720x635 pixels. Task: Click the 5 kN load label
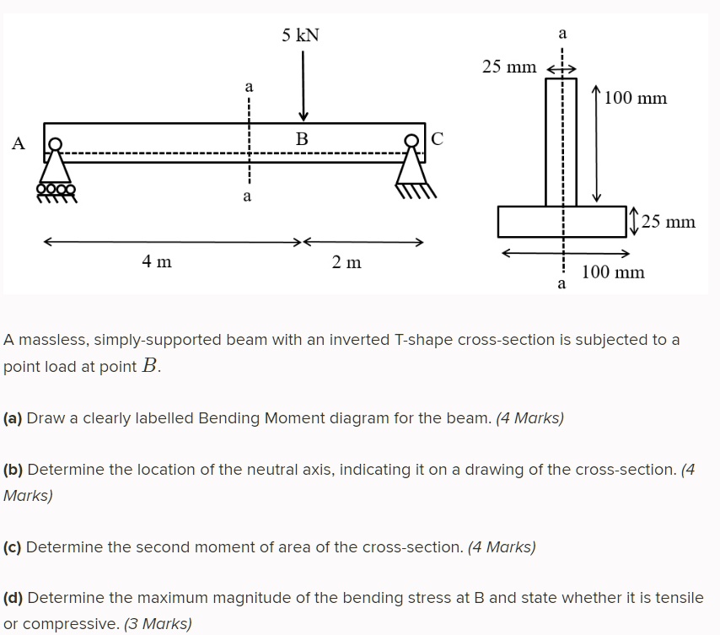click(301, 35)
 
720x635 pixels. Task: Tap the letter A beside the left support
click(19, 144)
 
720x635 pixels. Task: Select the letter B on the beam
click(302, 137)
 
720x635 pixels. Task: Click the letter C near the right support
click(437, 137)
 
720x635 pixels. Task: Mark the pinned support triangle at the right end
click(414, 173)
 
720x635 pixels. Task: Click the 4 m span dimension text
click(157, 262)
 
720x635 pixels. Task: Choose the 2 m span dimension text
click(347, 262)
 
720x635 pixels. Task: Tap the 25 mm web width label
click(509, 67)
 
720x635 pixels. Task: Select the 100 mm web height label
click(636, 99)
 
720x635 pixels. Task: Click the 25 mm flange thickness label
click(668, 222)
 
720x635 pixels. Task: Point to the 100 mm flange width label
click(613, 272)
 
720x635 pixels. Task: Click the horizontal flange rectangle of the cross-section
click(523, 221)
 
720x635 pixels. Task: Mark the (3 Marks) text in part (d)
click(158, 624)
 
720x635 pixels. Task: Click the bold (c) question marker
click(13, 546)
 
